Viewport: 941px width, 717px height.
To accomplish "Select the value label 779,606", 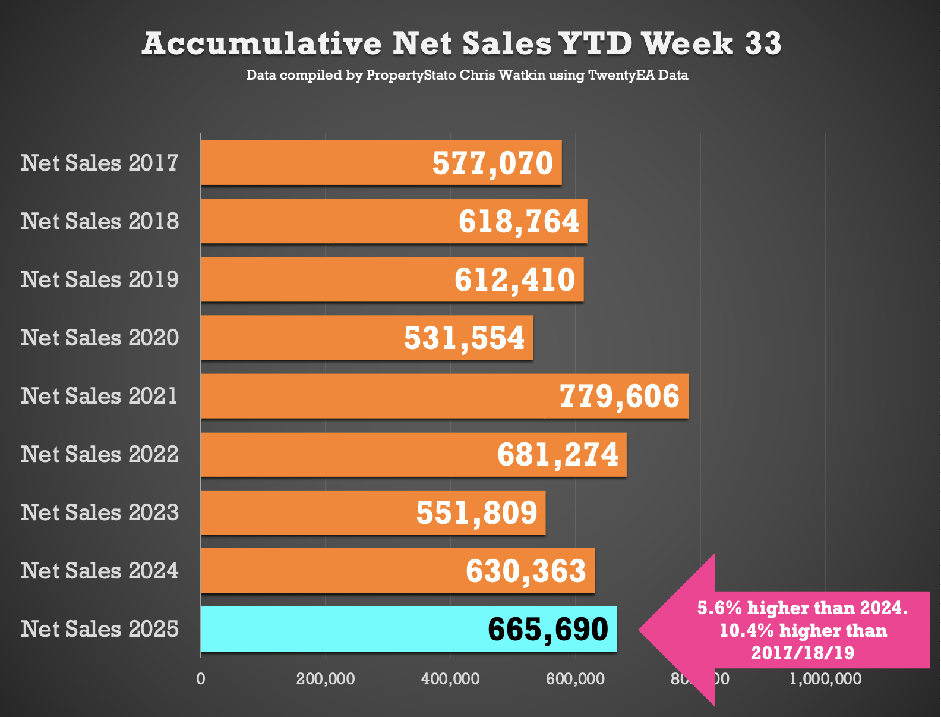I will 620,397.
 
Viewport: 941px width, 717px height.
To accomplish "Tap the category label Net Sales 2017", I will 100,163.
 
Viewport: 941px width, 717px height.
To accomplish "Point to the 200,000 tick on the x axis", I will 326,679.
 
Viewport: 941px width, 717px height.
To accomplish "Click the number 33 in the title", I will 763,43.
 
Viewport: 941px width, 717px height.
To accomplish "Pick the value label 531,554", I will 464,338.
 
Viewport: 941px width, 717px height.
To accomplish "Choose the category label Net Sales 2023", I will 100,512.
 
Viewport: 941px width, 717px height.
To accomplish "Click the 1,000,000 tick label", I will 825,679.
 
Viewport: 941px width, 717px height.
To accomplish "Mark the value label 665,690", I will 548,630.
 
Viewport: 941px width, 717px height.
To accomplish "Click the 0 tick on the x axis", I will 201,679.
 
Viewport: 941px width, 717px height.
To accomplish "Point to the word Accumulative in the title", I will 262,43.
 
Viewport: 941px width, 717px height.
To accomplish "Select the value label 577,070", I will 492,163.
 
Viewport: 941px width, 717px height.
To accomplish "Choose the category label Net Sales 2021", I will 100,396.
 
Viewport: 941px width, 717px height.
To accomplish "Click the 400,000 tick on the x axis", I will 450,679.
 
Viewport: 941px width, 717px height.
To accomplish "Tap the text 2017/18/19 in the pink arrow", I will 803,653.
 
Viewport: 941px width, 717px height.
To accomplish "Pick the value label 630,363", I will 526,571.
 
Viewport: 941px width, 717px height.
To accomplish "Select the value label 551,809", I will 476,513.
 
